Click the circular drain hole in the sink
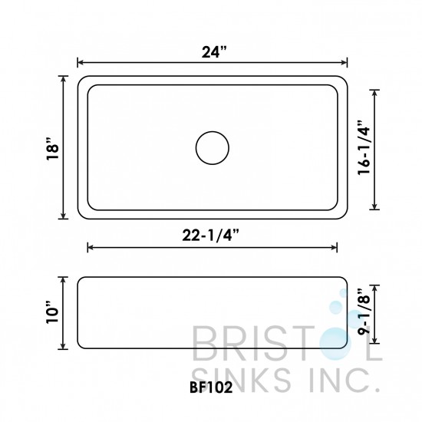(x=212, y=147)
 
